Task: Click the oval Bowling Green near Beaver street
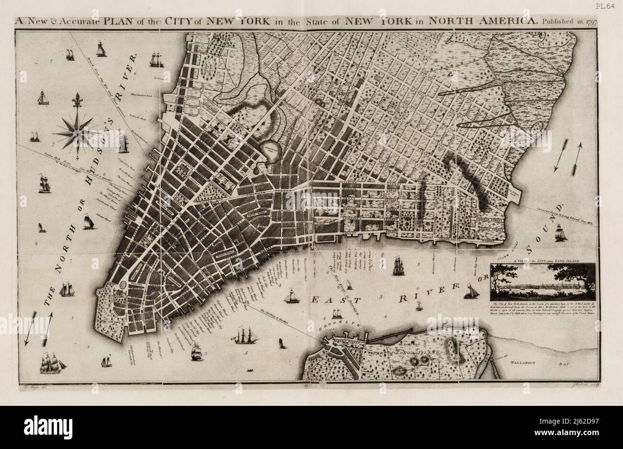click(x=123, y=285)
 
